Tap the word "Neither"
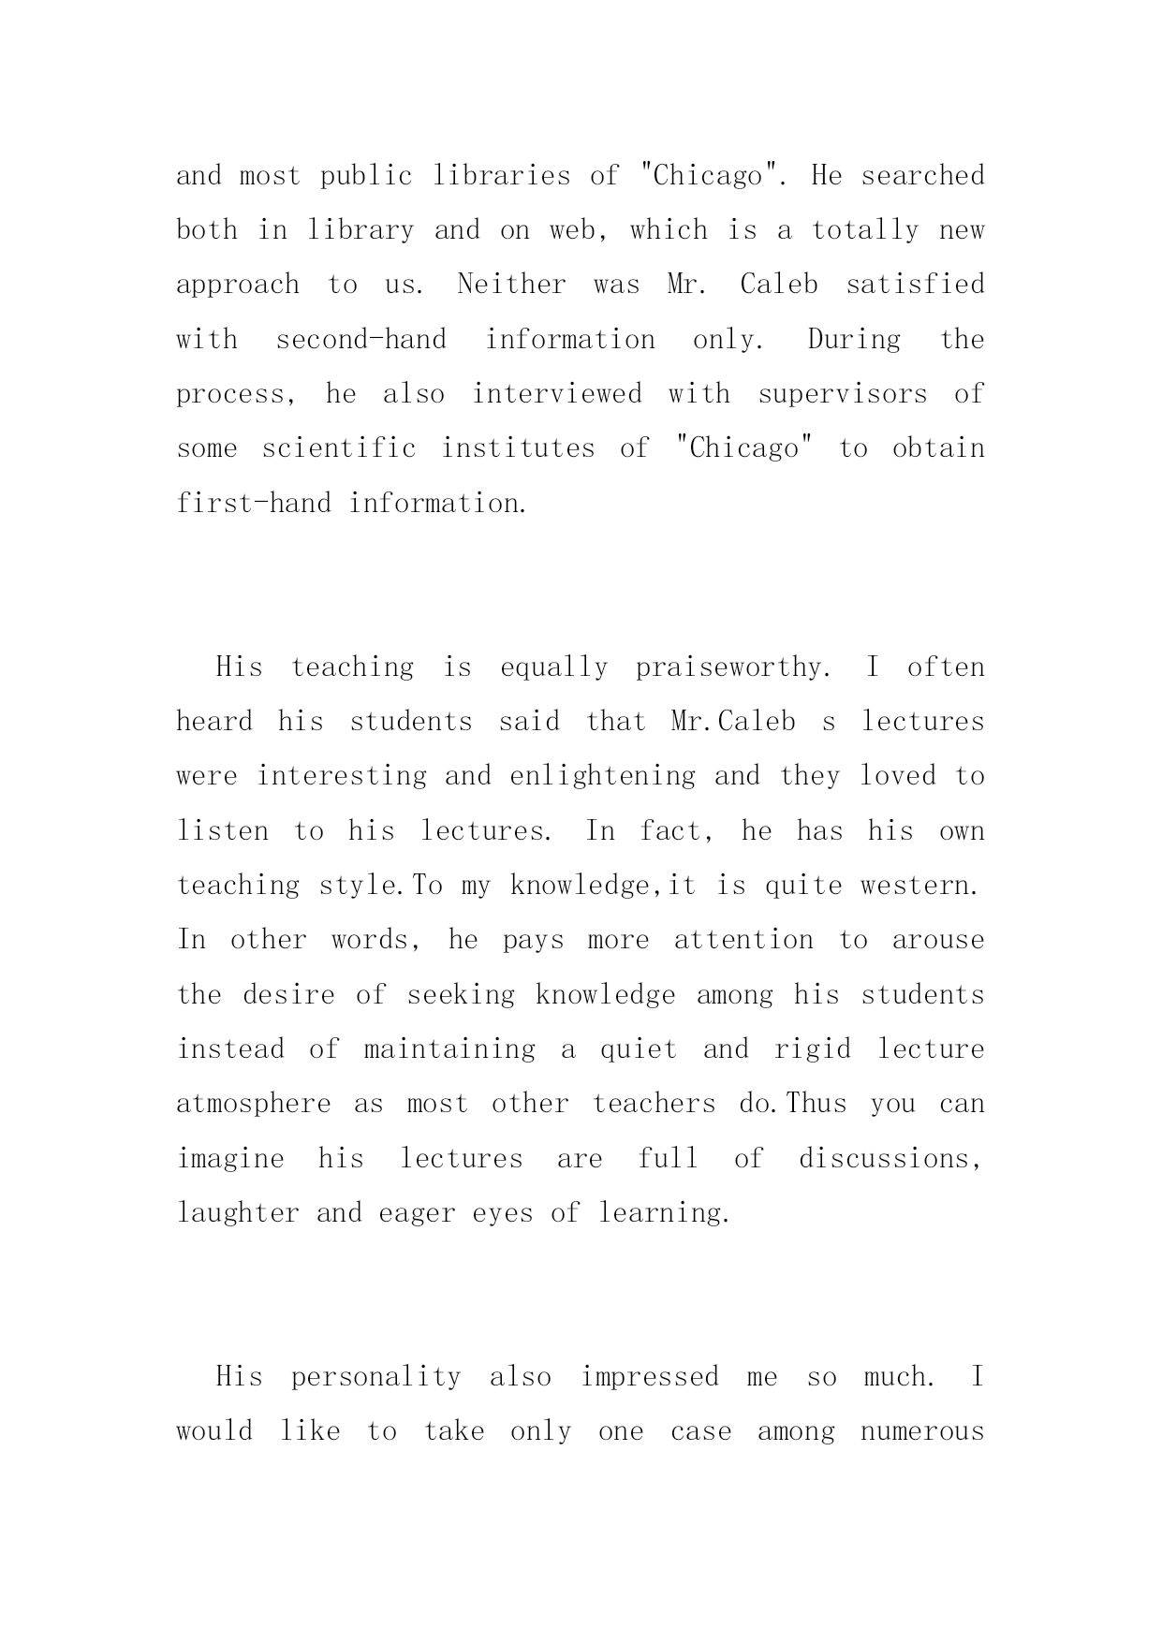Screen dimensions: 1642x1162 (x=511, y=285)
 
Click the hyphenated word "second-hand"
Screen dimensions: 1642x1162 (x=360, y=339)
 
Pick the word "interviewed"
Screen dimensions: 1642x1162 (x=557, y=394)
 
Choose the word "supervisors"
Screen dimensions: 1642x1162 (x=843, y=394)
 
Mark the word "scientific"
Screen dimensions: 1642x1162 (x=339, y=448)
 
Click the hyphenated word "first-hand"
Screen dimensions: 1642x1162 (x=254, y=504)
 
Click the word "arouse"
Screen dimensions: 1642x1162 (x=938, y=940)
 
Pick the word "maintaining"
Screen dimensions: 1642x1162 (x=449, y=1049)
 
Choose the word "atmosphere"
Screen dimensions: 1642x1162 (x=254, y=1104)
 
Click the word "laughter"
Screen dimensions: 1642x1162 (x=238, y=1213)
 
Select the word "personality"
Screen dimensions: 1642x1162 (x=375, y=1377)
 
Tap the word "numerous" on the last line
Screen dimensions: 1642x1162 (x=922, y=1431)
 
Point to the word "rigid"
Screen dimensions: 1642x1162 (x=813, y=1049)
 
